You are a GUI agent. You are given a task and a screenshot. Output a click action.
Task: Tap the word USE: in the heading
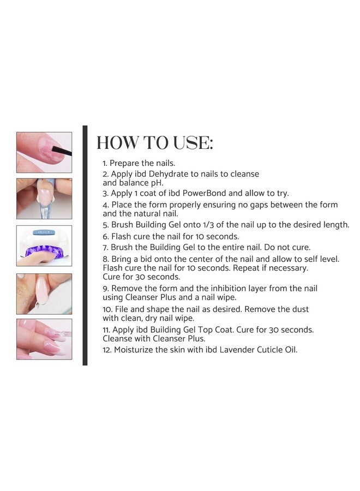click(x=191, y=143)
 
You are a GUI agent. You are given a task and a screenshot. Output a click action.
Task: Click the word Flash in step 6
click(x=123, y=236)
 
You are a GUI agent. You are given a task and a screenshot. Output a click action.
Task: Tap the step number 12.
click(x=107, y=350)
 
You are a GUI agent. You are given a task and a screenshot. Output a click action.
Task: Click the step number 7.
click(x=105, y=247)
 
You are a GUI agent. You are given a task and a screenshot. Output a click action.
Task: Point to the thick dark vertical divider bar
click(x=85, y=245)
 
